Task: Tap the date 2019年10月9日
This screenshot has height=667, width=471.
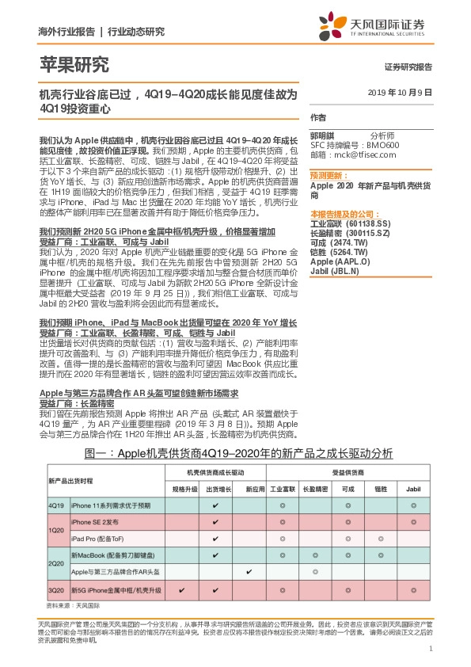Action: (x=401, y=93)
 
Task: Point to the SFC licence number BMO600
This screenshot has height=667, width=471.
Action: (x=383, y=146)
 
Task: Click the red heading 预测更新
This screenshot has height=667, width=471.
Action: (x=325, y=175)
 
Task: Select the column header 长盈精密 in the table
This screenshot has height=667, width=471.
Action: (x=314, y=490)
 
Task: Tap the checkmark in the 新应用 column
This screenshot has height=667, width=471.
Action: (x=249, y=572)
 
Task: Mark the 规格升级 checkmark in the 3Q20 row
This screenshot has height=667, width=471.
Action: (x=182, y=590)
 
